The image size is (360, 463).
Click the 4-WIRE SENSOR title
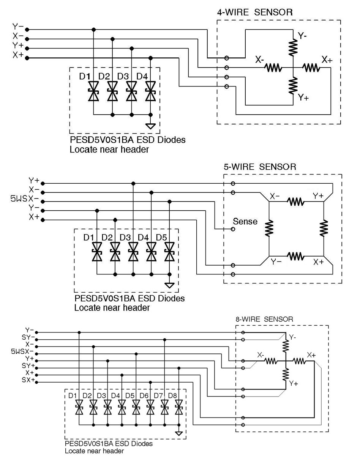[x=255, y=12]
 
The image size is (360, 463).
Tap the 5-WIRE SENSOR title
[x=260, y=167]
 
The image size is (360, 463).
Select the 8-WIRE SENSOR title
[x=264, y=319]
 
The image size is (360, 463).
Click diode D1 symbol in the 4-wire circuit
[x=93, y=91]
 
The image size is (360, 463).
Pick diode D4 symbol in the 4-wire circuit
[x=150, y=91]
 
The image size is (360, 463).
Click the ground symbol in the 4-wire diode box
[x=150, y=126]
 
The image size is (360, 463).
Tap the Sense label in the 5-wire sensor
[x=245, y=221]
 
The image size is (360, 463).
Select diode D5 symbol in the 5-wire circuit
[x=169, y=252]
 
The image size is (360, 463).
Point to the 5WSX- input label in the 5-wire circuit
[x=25, y=199]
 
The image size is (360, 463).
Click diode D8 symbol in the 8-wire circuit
[x=178, y=407]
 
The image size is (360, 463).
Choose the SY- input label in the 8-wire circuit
[x=28, y=337]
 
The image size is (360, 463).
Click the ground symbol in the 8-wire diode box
[x=178, y=433]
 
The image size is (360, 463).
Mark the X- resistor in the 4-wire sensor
[x=273, y=68]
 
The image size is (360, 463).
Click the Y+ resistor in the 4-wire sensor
[x=293, y=85]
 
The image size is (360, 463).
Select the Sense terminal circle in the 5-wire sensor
[x=233, y=229]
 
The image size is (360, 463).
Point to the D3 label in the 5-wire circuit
[x=125, y=237]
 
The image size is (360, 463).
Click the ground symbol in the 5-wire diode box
[x=169, y=285]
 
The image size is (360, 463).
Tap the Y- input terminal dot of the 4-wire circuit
[x=27, y=30]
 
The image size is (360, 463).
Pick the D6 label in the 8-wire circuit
[x=144, y=395]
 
